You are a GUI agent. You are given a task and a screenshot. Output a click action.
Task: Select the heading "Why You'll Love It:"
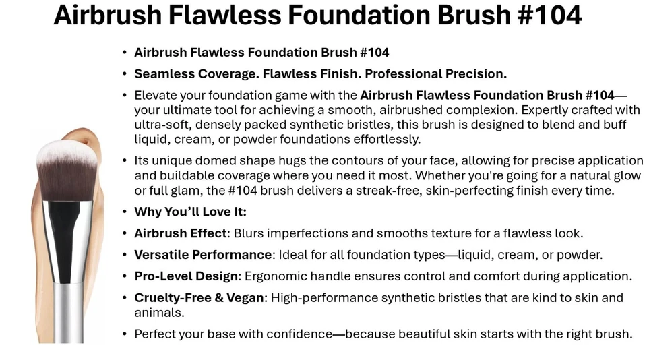pos(190,212)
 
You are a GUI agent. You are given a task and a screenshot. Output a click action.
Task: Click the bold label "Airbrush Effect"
pos(181,233)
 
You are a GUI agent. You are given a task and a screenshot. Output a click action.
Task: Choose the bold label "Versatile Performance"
pos(203,255)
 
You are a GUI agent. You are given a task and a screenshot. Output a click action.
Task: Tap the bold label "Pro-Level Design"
pos(186,276)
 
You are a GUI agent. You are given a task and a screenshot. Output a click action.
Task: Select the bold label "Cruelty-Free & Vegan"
pos(199,298)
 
